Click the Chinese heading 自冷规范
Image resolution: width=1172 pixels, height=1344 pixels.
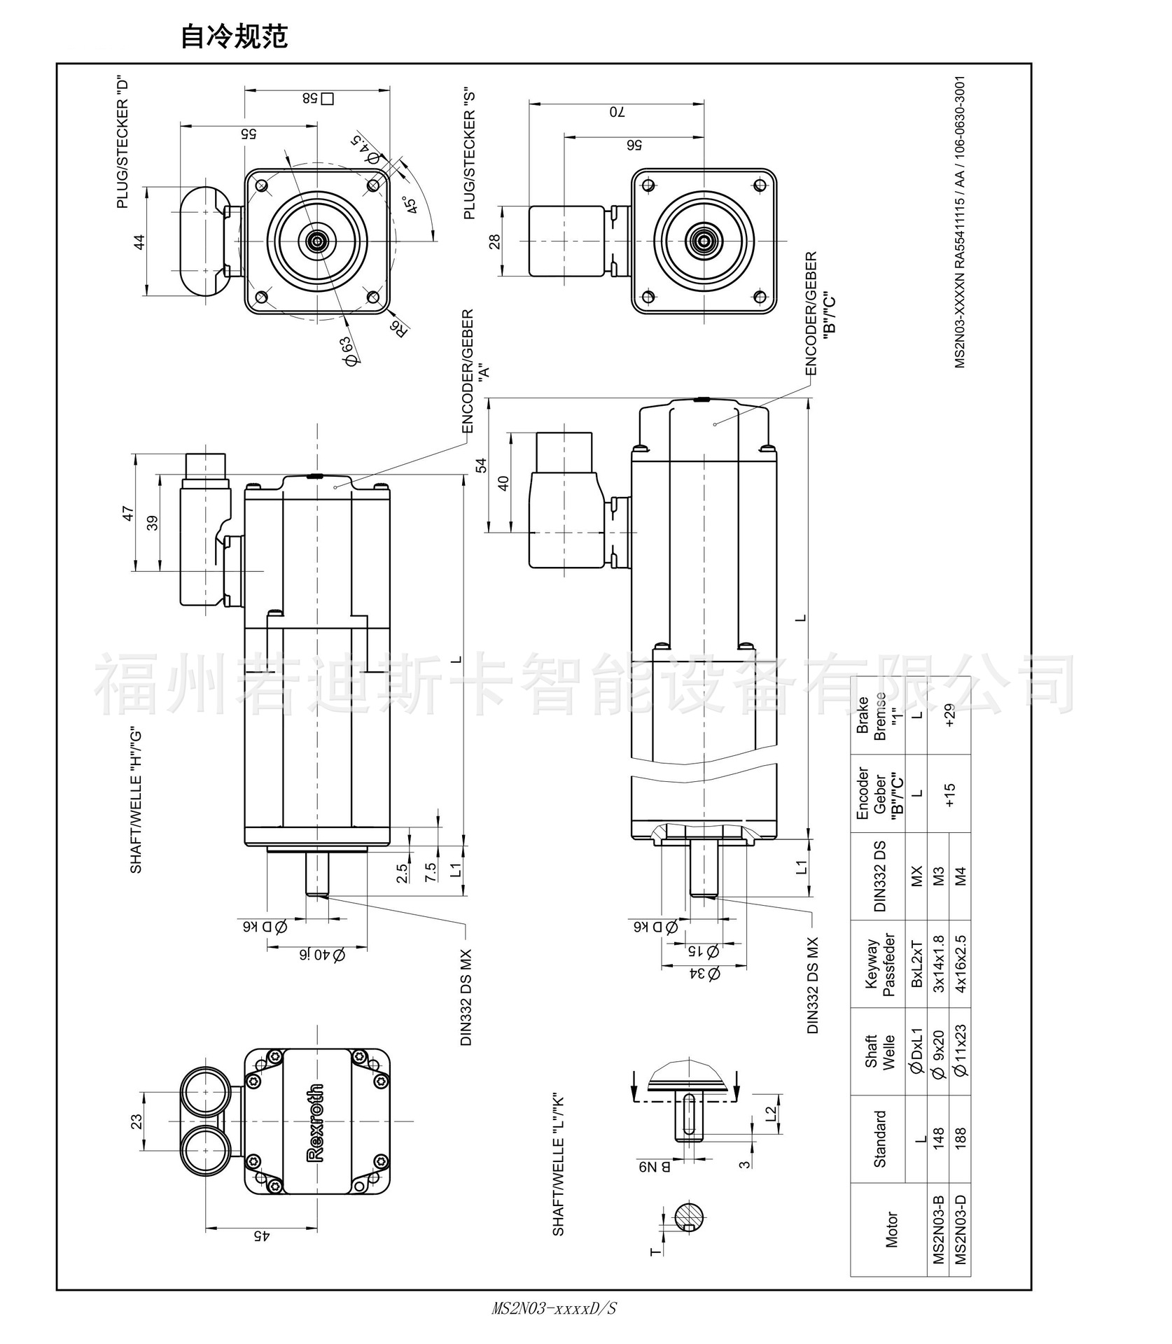coord(234,37)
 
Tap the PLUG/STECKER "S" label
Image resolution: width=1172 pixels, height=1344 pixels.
coord(470,155)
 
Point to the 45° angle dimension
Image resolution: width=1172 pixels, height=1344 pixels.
coord(411,204)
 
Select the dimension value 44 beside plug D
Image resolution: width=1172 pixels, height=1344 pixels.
coord(139,242)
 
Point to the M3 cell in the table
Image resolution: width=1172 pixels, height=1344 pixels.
coord(939,876)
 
